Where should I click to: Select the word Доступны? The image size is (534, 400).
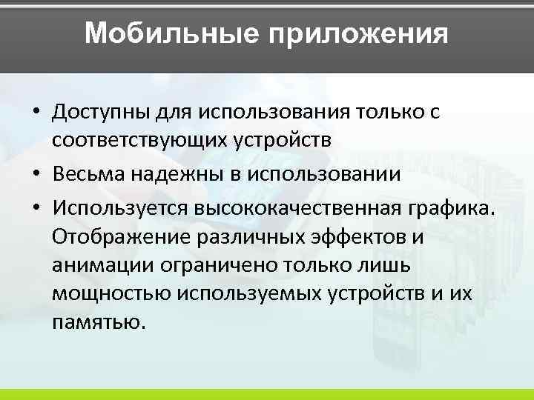[x=100, y=113]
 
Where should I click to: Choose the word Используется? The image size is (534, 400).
[x=121, y=209]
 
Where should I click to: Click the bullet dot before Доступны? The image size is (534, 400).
[x=36, y=113]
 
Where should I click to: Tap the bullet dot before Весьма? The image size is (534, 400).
[x=36, y=175]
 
